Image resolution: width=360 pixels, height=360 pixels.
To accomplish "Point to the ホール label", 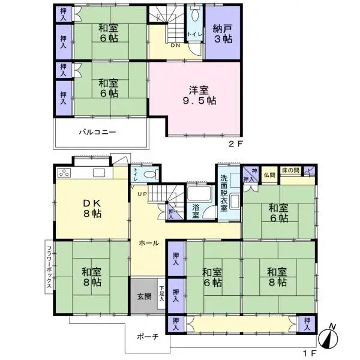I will point(148,243).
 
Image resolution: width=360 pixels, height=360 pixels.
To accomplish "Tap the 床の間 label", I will point(292,171).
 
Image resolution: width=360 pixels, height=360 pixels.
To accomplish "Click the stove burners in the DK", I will point(64,173).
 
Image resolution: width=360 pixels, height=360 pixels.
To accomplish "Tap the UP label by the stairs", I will point(143,194).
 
